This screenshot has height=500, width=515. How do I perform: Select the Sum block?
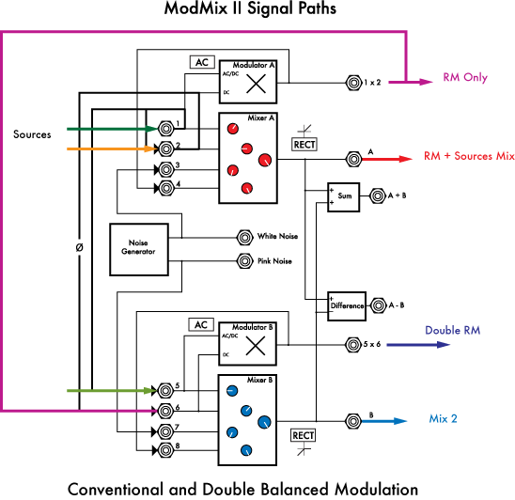click(344, 196)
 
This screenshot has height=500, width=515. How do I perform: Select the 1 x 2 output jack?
click(353, 82)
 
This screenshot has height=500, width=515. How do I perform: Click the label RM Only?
click(465, 78)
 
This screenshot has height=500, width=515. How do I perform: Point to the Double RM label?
click(453, 330)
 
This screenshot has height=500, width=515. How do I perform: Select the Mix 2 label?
click(444, 418)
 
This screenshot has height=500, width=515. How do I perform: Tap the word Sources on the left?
click(32, 134)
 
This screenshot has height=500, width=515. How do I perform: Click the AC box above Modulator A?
click(201, 62)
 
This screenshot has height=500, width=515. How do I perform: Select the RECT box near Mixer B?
click(303, 435)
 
